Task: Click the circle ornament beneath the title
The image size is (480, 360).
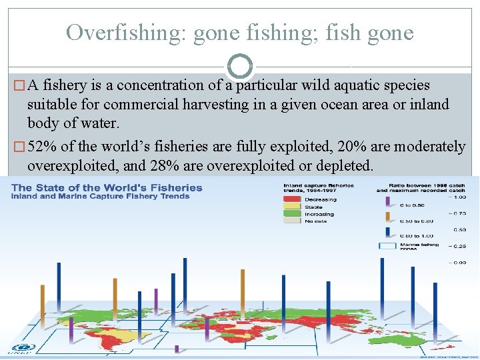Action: [240, 66]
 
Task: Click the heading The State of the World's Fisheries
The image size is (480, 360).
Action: [107, 188]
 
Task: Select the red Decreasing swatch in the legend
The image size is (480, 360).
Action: [291, 199]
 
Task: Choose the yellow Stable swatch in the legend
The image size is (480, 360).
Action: [291, 207]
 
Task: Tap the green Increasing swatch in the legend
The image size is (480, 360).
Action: [291, 214]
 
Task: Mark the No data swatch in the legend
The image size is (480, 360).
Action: [291, 221]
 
